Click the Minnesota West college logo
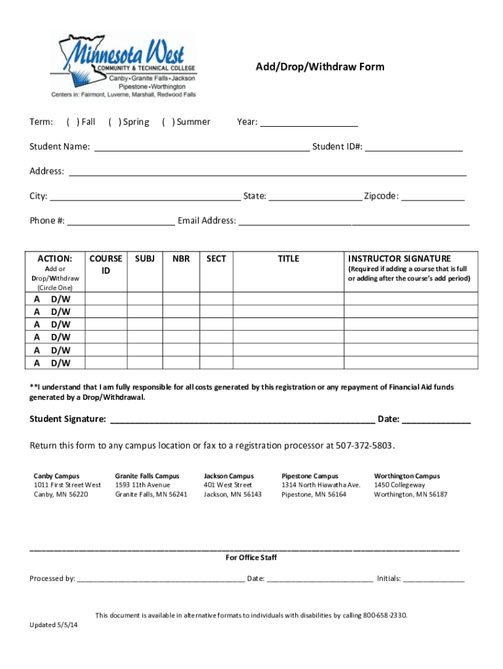pyautogui.click(x=123, y=66)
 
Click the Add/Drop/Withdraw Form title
pyautogui.click(x=319, y=67)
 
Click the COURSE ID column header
pyautogui.click(x=106, y=264)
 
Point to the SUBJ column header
pyautogui.click(x=144, y=259)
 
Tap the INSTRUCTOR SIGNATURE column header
pyautogui.click(x=399, y=259)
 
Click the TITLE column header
pyautogui.click(x=288, y=259)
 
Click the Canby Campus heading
pyautogui.click(x=56, y=476)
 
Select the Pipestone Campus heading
pyautogui.click(x=310, y=476)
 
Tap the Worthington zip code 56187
pyautogui.click(x=436, y=495)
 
